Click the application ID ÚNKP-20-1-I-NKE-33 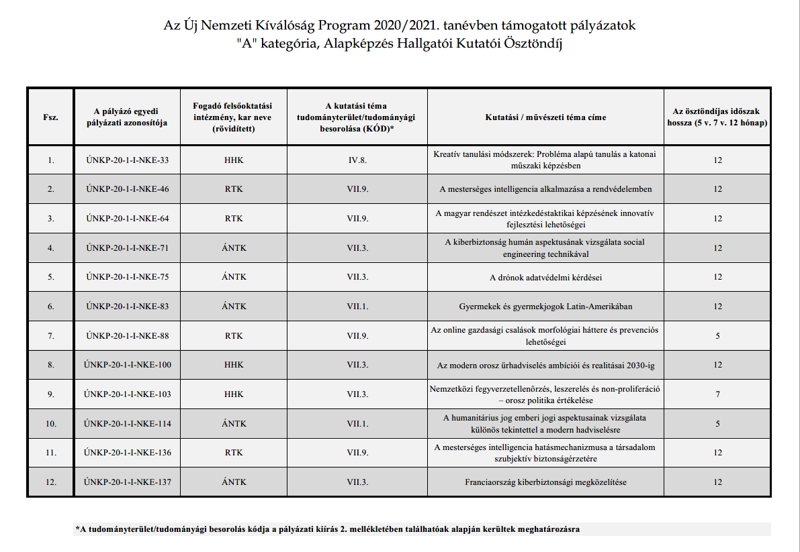click(128, 160)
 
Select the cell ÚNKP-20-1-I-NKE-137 click(128, 482)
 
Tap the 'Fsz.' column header click(50, 117)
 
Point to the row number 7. click(50, 336)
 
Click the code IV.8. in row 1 click(357, 160)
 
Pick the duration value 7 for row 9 click(717, 394)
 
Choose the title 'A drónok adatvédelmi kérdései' click(545, 277)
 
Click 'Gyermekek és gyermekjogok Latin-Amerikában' click(545, 307)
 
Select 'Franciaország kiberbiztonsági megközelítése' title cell click(545, 482)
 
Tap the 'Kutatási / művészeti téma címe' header click(545, 117)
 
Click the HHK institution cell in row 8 click(234, 365)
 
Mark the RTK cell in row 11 click(234, 453)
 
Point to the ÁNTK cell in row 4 click(234, 248)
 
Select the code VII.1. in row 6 click(357, 307)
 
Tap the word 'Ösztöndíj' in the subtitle click(531, 45)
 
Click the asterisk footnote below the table click(327, 529)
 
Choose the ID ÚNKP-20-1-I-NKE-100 click(128, 365)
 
